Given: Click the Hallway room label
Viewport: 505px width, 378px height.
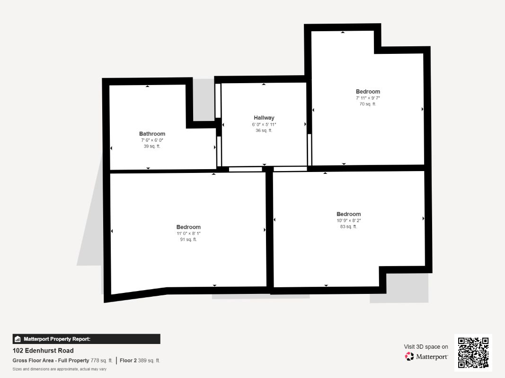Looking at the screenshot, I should (x=264, y=118).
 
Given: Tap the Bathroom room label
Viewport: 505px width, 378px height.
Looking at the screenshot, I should (x=152, y=134).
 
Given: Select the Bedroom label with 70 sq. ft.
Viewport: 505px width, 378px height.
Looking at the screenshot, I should (x=368, y=92).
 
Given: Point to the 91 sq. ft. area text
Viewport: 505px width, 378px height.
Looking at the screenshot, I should (x=188, y=240).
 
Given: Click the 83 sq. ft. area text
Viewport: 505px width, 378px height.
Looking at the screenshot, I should (x=348, y=227).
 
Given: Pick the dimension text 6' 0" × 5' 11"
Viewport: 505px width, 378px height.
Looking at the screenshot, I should (x=264, y=124).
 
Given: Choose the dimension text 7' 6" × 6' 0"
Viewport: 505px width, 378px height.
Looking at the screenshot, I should (x=152, y=140).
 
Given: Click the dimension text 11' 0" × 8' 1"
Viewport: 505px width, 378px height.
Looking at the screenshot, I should (x=188, y=233).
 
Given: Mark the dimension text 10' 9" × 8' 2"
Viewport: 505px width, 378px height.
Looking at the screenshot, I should (x=348, y=221).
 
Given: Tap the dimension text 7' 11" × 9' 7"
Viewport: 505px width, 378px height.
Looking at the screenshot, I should (x=368, y=98).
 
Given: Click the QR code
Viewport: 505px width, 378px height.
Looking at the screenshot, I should (x=473, y=352).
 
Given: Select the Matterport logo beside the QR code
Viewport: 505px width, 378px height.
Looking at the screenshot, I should (x=426, y=357).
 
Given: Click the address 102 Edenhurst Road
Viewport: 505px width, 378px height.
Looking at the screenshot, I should (x=43, y=351).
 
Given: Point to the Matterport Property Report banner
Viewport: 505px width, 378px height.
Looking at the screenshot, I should (x=86, y=339).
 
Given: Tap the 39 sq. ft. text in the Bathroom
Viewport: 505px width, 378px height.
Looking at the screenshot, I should (x=152, y=146).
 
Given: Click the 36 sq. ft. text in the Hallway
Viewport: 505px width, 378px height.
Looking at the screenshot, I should (x=264, y=130).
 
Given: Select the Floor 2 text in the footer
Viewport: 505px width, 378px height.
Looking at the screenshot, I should (x=128, y=361).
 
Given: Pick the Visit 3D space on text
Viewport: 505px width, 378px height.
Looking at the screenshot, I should (x=426, y=347).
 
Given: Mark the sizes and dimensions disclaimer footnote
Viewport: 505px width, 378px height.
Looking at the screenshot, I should (x=59, y=369).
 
